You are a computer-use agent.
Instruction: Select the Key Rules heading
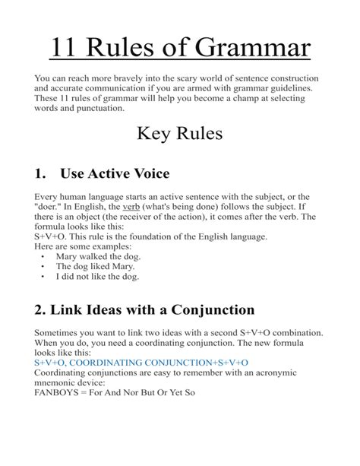179,135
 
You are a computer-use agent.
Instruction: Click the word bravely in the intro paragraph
141,79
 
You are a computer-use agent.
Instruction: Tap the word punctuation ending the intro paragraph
96,109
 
